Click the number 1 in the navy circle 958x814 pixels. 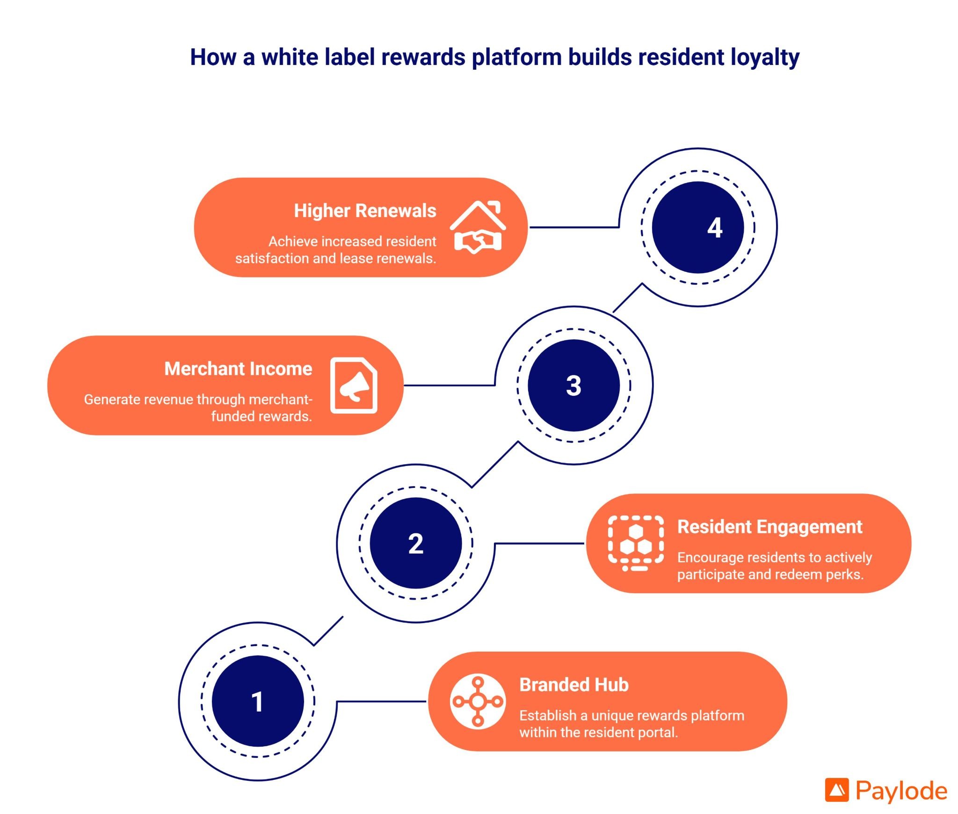pos(257,701)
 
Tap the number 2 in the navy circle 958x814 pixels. pos(415,544)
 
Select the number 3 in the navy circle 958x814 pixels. pos(573,385)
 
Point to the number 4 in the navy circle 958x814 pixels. pos(715,228)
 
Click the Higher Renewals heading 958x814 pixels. pos(365,211)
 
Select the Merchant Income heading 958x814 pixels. pos(238,369)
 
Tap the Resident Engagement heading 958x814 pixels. pos(769,527)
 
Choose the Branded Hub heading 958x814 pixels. pos(574,685)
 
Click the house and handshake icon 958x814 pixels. pos(478,227)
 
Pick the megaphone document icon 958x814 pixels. pos(354,385)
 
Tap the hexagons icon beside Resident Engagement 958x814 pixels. pos(635,543)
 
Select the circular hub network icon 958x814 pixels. pos(478,701)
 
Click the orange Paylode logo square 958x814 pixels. pos(837,790)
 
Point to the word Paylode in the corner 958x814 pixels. pos(901,791)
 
